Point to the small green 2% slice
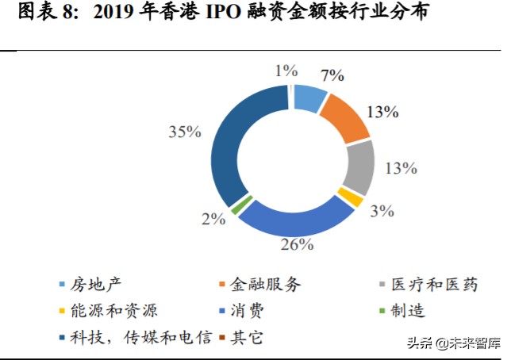coord(236,206)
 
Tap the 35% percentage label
coord(184,132)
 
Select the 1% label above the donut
coord(286,71)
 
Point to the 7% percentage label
coord(332,76)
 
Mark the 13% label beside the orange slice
coord(382,112)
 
